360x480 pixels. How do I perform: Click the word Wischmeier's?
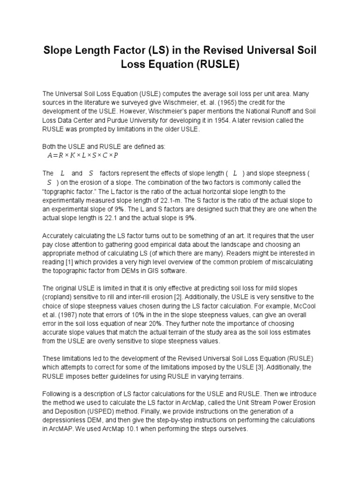pos(155,111)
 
